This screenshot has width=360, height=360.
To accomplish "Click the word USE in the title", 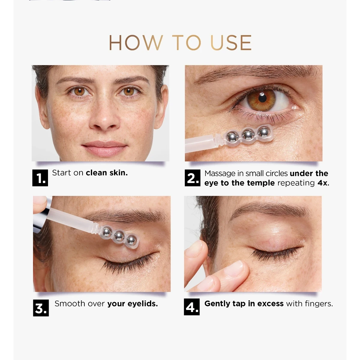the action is (x=231, y=43).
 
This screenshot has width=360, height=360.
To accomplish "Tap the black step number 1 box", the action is (x=40, y=178).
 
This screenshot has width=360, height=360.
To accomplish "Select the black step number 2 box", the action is (x=192, y=178).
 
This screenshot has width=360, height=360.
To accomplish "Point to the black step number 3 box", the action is (x=41, y=308).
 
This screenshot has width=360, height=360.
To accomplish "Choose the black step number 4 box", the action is (x=192, y=307).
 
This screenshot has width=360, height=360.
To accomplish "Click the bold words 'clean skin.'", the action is (x=107, y=173).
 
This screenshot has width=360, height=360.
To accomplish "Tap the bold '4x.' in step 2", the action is (x=323, y=183).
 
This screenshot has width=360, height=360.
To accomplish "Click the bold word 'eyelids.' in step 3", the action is (x=142, y=304).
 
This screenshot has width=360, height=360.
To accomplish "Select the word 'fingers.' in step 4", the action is (x=319, y=304).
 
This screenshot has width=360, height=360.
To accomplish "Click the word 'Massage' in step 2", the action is (x=220, y=174).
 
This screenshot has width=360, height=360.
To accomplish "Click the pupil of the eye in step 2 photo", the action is (x=262, y=98).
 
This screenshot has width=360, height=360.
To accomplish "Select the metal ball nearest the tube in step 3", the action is (x=107, y=232).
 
